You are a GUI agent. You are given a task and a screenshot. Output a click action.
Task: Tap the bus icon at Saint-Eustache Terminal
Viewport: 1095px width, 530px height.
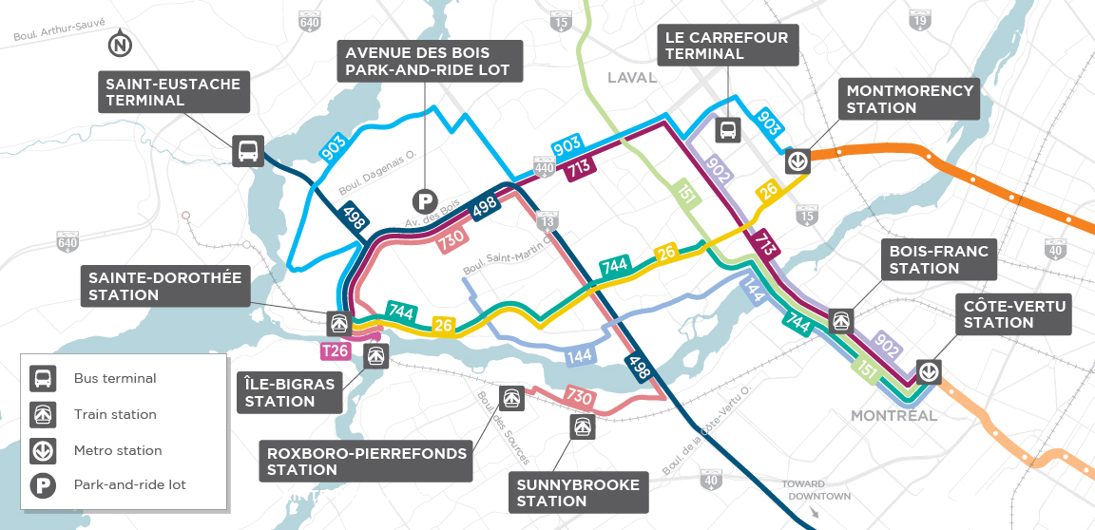coord(247,151)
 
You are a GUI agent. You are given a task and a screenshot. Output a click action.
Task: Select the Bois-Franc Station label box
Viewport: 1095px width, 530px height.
coord(938,259)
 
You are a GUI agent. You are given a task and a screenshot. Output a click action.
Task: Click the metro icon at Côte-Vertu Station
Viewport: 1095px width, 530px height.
coord(929,370)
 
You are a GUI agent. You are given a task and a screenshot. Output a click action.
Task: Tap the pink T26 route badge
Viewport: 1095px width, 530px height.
coord(335,352)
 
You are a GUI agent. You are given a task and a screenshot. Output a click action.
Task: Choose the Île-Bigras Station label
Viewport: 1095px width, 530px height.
coord(289,392)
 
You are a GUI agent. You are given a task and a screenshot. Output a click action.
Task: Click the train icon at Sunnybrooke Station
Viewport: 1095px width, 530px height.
coord(580,426)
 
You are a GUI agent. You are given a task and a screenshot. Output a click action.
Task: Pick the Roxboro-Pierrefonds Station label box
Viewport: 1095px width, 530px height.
coord(367,462)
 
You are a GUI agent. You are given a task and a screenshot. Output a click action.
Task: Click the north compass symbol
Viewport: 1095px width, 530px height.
coord(120,44)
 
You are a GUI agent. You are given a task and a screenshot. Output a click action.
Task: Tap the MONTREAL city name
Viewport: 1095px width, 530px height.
coord(893,416)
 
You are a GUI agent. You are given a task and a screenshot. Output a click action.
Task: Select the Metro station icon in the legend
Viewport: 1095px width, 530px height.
coord(43,450)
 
